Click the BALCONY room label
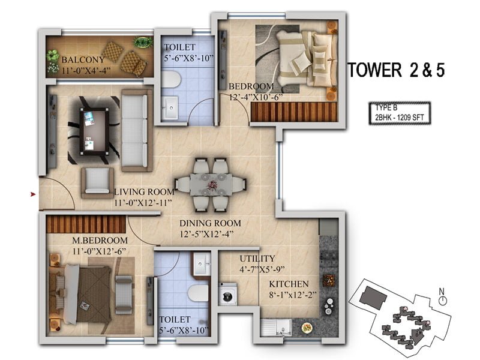point(83,59)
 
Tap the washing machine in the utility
point(227,294)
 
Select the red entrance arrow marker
point(33,194)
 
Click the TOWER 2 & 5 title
point(397,70)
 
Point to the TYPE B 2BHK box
point(400,113)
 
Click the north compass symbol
point(442,298)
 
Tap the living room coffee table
point(94,131)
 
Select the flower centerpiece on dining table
point(212,185)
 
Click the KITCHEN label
point(289,284)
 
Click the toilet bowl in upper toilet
point(170,80)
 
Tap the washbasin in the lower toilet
point(201,263)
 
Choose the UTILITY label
point(257,259)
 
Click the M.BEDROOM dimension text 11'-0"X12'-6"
point(100,251)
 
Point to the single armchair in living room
point(97,183)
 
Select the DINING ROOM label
point(211,223)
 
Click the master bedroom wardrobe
point(86,224)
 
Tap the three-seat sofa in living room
point(137,130)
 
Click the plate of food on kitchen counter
point(307,328)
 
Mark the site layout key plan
point(400,317)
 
